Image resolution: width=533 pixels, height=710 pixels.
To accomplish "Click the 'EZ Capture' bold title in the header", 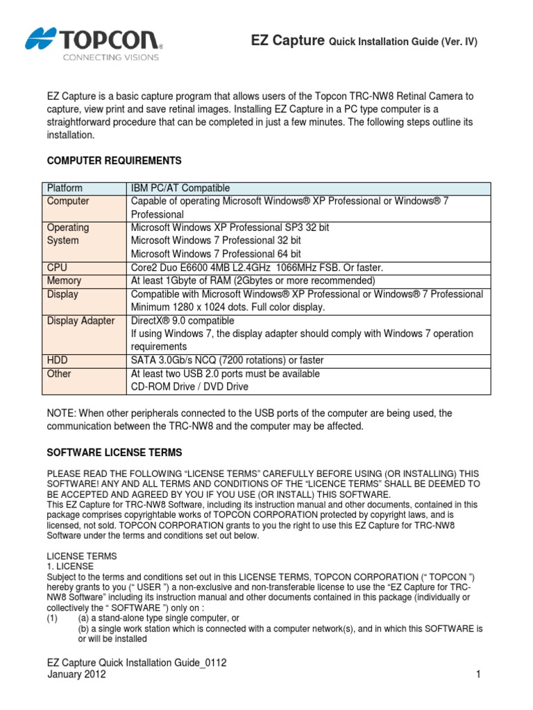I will (x=287, y=41).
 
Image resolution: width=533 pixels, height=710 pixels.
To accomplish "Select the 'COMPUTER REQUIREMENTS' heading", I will (x=114, y=161).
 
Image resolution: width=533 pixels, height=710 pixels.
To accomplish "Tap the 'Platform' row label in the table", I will (x=65, y=188).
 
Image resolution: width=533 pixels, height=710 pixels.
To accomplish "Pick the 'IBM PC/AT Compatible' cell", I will (x=180, y=188).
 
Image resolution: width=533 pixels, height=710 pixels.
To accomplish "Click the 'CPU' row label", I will (x=58, y=268).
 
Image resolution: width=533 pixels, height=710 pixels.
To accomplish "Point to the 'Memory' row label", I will (x=64, y=281).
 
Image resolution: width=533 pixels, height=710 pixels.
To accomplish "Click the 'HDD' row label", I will (x=58, y=361).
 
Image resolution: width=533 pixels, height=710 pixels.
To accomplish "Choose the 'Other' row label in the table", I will (x=59, y=374).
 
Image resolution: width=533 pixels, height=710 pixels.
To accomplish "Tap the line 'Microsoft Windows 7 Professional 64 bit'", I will (x=216, y=254).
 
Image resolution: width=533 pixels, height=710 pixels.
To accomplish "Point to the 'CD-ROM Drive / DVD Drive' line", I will (x=189, y=387).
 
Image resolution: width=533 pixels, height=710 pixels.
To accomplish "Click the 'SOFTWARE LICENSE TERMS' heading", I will (x=115, y=452).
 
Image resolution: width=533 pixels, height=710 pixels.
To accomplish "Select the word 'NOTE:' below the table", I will (x=62, y=413).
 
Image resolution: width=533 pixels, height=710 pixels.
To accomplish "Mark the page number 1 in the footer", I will (x=479, y=675).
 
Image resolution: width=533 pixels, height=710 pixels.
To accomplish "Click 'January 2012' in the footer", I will (x=76, y=675).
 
